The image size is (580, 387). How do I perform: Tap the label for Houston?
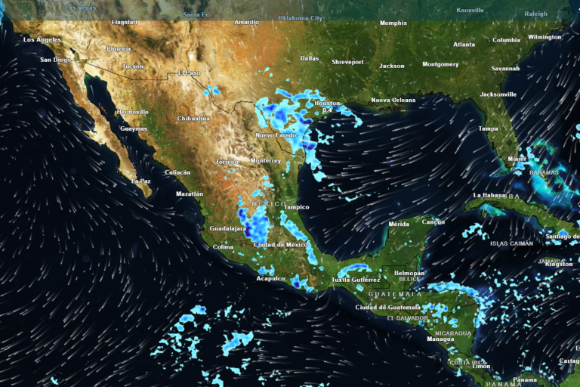[x=327, y=103]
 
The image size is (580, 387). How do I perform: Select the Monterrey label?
[x=265, y=161]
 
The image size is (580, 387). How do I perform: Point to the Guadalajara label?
[x=228, y=228]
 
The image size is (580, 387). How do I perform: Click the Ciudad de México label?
[x=279, y=245]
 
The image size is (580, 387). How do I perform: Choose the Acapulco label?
[x=271, y=278]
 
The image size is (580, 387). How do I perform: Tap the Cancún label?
[x=433, y=222]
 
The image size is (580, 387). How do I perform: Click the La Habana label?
[x=488, y=195]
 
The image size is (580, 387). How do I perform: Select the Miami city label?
[x=517, y=159]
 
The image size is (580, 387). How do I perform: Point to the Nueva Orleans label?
[x=393, y=101]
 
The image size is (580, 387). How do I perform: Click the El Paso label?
[x=189, y=73]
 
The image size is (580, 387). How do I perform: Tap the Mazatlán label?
[x=189, y=194]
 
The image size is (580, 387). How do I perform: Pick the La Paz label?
[x=141, y=181]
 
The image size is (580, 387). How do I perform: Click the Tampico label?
[x=297, y=207]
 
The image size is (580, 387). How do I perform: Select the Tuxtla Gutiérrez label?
[x=356, y=280]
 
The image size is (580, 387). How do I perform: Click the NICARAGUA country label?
[x=454, y=333]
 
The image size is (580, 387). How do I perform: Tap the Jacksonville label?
[x=498, y=94]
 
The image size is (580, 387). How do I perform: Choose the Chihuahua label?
[x=193, y=119]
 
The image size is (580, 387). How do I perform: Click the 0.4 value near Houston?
[x=327, y=110]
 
